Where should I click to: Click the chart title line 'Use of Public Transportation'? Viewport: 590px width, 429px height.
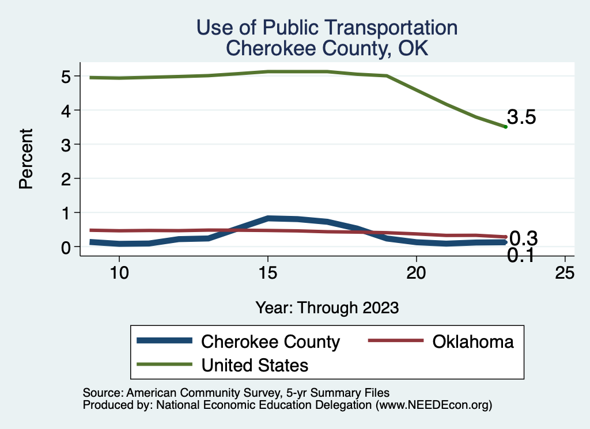(x=327, y=28)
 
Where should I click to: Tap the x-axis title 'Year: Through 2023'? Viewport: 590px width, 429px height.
(x=327, y=308)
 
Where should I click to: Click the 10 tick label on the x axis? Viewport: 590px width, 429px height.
(x=119, y=273)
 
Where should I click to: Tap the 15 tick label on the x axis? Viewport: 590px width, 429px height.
(x=267, y=273)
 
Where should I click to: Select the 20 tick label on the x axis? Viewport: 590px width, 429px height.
(x=416, y=273)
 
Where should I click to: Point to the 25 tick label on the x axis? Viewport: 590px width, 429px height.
(x=565, y=273)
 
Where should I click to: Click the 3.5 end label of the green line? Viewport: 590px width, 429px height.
(x=522, y=117)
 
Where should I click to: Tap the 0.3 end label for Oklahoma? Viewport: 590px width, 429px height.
(x=524, y=237)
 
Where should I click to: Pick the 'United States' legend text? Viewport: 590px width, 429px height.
(x=255, y=365)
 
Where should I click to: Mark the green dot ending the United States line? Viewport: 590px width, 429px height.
(x=505, y=127)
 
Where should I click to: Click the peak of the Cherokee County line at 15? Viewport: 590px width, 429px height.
(x=268, y=218)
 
